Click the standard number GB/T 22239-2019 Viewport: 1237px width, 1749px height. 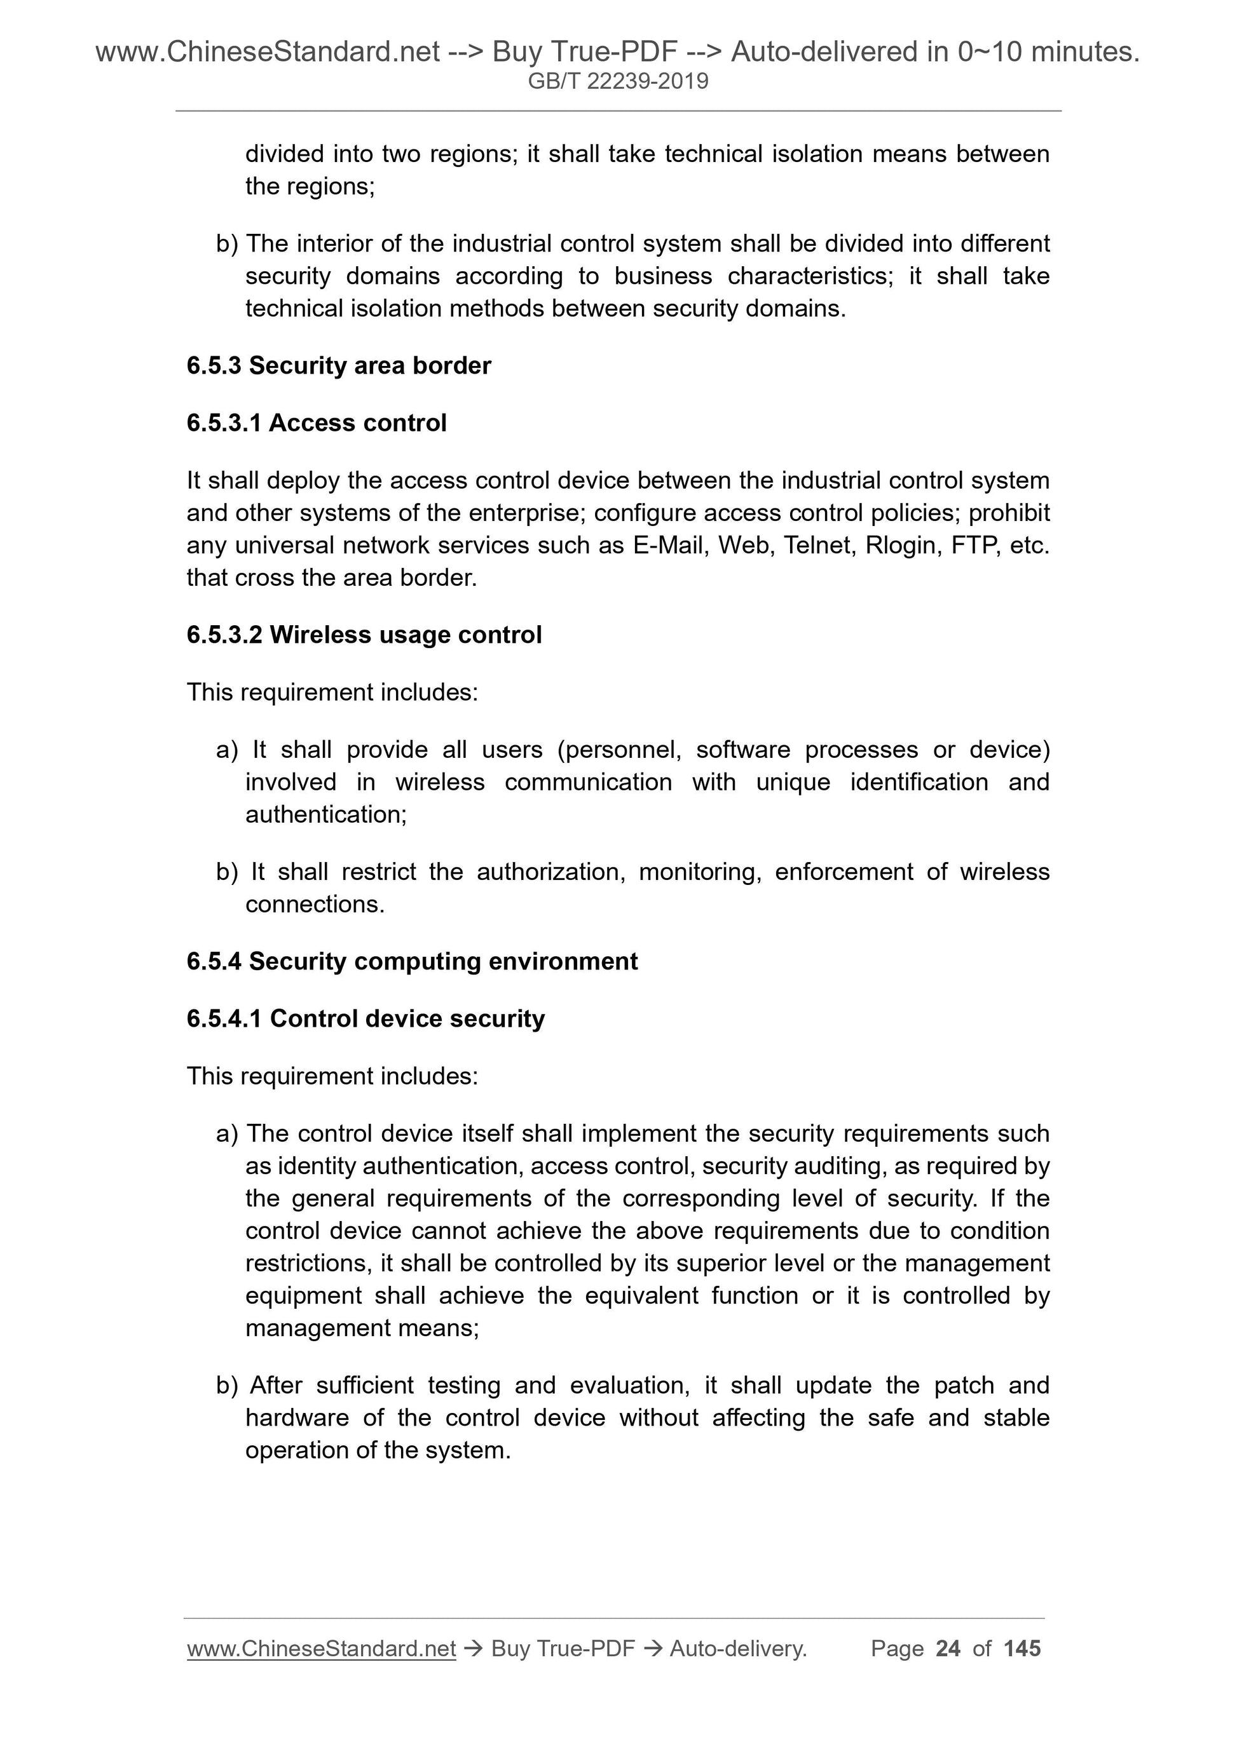(618, 81)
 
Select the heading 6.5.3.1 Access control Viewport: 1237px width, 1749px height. (317, 422)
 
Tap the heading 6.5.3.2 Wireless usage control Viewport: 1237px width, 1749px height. (364, 635)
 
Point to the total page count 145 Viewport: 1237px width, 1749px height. (1022, 1649)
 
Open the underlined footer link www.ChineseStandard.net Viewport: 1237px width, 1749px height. (321, 1649)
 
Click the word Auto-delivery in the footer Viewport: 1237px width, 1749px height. (738, 1649)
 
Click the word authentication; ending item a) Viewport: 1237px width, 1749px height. (326, 815)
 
